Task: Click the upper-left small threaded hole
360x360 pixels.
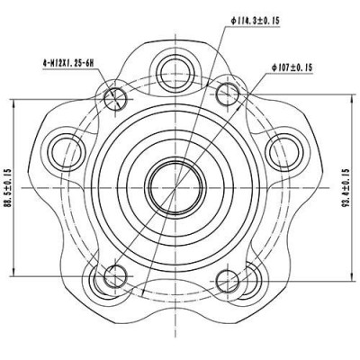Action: [x=116, y=96]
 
